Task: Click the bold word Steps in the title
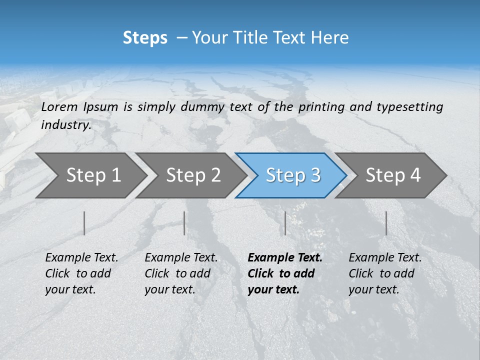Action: click(145, 37)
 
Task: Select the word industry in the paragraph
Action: click(66, 124)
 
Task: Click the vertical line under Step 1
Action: click(84, 223)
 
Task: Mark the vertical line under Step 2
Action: click(184, 223)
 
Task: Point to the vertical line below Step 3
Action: click(285, 223)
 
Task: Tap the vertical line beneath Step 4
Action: click(386, 223)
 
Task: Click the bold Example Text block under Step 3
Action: click(285, 273)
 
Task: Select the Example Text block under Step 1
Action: click(81, 273)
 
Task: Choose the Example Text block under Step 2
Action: click(181, 273)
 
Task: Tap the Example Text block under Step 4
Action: click(385, 273)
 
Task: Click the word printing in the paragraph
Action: click(321, 106)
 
